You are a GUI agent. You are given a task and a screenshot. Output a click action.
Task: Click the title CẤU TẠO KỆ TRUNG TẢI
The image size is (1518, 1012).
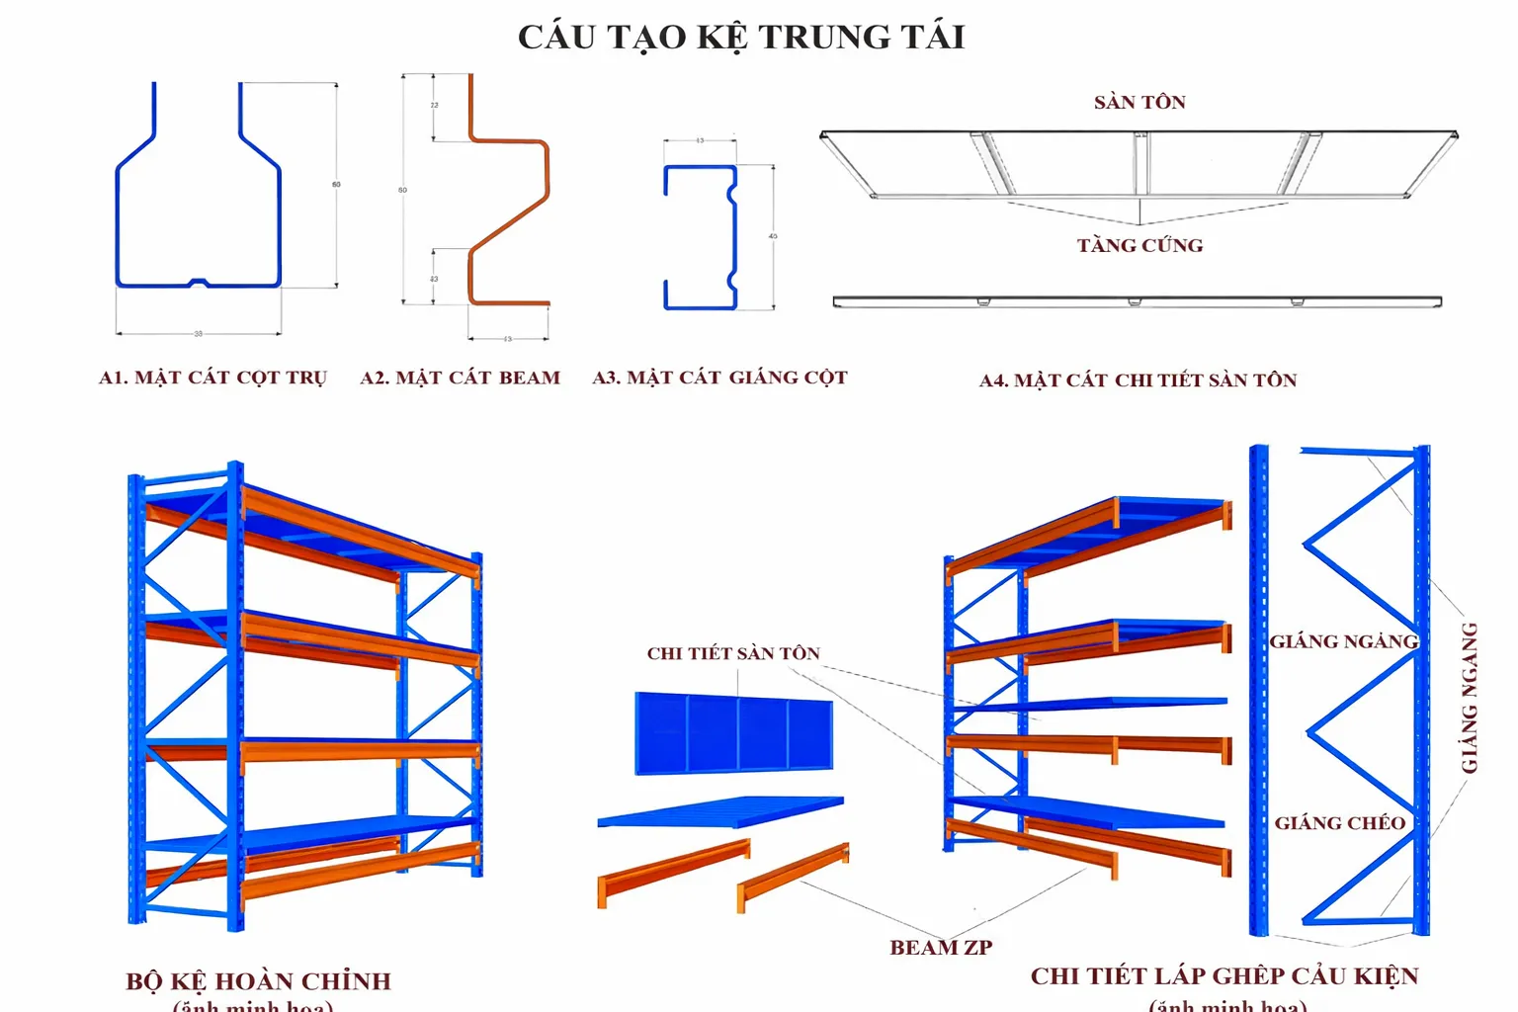coord(741,38)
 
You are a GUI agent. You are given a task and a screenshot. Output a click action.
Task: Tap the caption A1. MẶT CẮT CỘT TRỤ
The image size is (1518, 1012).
coord(212,378)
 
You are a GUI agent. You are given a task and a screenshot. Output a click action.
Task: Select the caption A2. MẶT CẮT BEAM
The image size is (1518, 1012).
coord(460,378)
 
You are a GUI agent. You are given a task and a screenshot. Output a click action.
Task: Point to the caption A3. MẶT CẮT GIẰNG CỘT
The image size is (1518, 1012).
coord(719,378)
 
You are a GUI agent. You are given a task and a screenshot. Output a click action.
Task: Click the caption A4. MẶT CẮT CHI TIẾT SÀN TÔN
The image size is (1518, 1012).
coord(1138,380)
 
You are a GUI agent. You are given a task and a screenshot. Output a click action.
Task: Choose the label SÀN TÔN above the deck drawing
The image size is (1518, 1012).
coord(1139,103)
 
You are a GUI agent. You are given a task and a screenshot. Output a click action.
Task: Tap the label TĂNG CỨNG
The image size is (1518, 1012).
coord(1139,246)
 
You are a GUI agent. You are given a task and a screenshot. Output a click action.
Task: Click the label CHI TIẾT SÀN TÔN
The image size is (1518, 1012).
coord(733,653)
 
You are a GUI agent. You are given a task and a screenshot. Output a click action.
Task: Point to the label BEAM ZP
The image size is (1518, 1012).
coord(940,948)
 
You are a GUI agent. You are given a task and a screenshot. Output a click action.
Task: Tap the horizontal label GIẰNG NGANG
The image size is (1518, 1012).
coord(1343,642)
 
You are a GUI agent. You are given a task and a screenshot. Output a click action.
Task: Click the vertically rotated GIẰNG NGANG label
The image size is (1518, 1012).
coord(1470,698)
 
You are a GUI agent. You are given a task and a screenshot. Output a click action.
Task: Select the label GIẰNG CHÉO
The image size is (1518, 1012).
coord(1339,823)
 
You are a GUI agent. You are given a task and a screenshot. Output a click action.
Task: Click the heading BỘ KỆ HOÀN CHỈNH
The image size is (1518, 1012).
coord(258,981)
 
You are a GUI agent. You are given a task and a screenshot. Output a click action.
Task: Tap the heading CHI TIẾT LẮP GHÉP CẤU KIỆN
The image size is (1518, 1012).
coord(1224,976)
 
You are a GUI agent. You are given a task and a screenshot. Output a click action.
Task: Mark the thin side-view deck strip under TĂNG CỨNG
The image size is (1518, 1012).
coord(1137,300)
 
